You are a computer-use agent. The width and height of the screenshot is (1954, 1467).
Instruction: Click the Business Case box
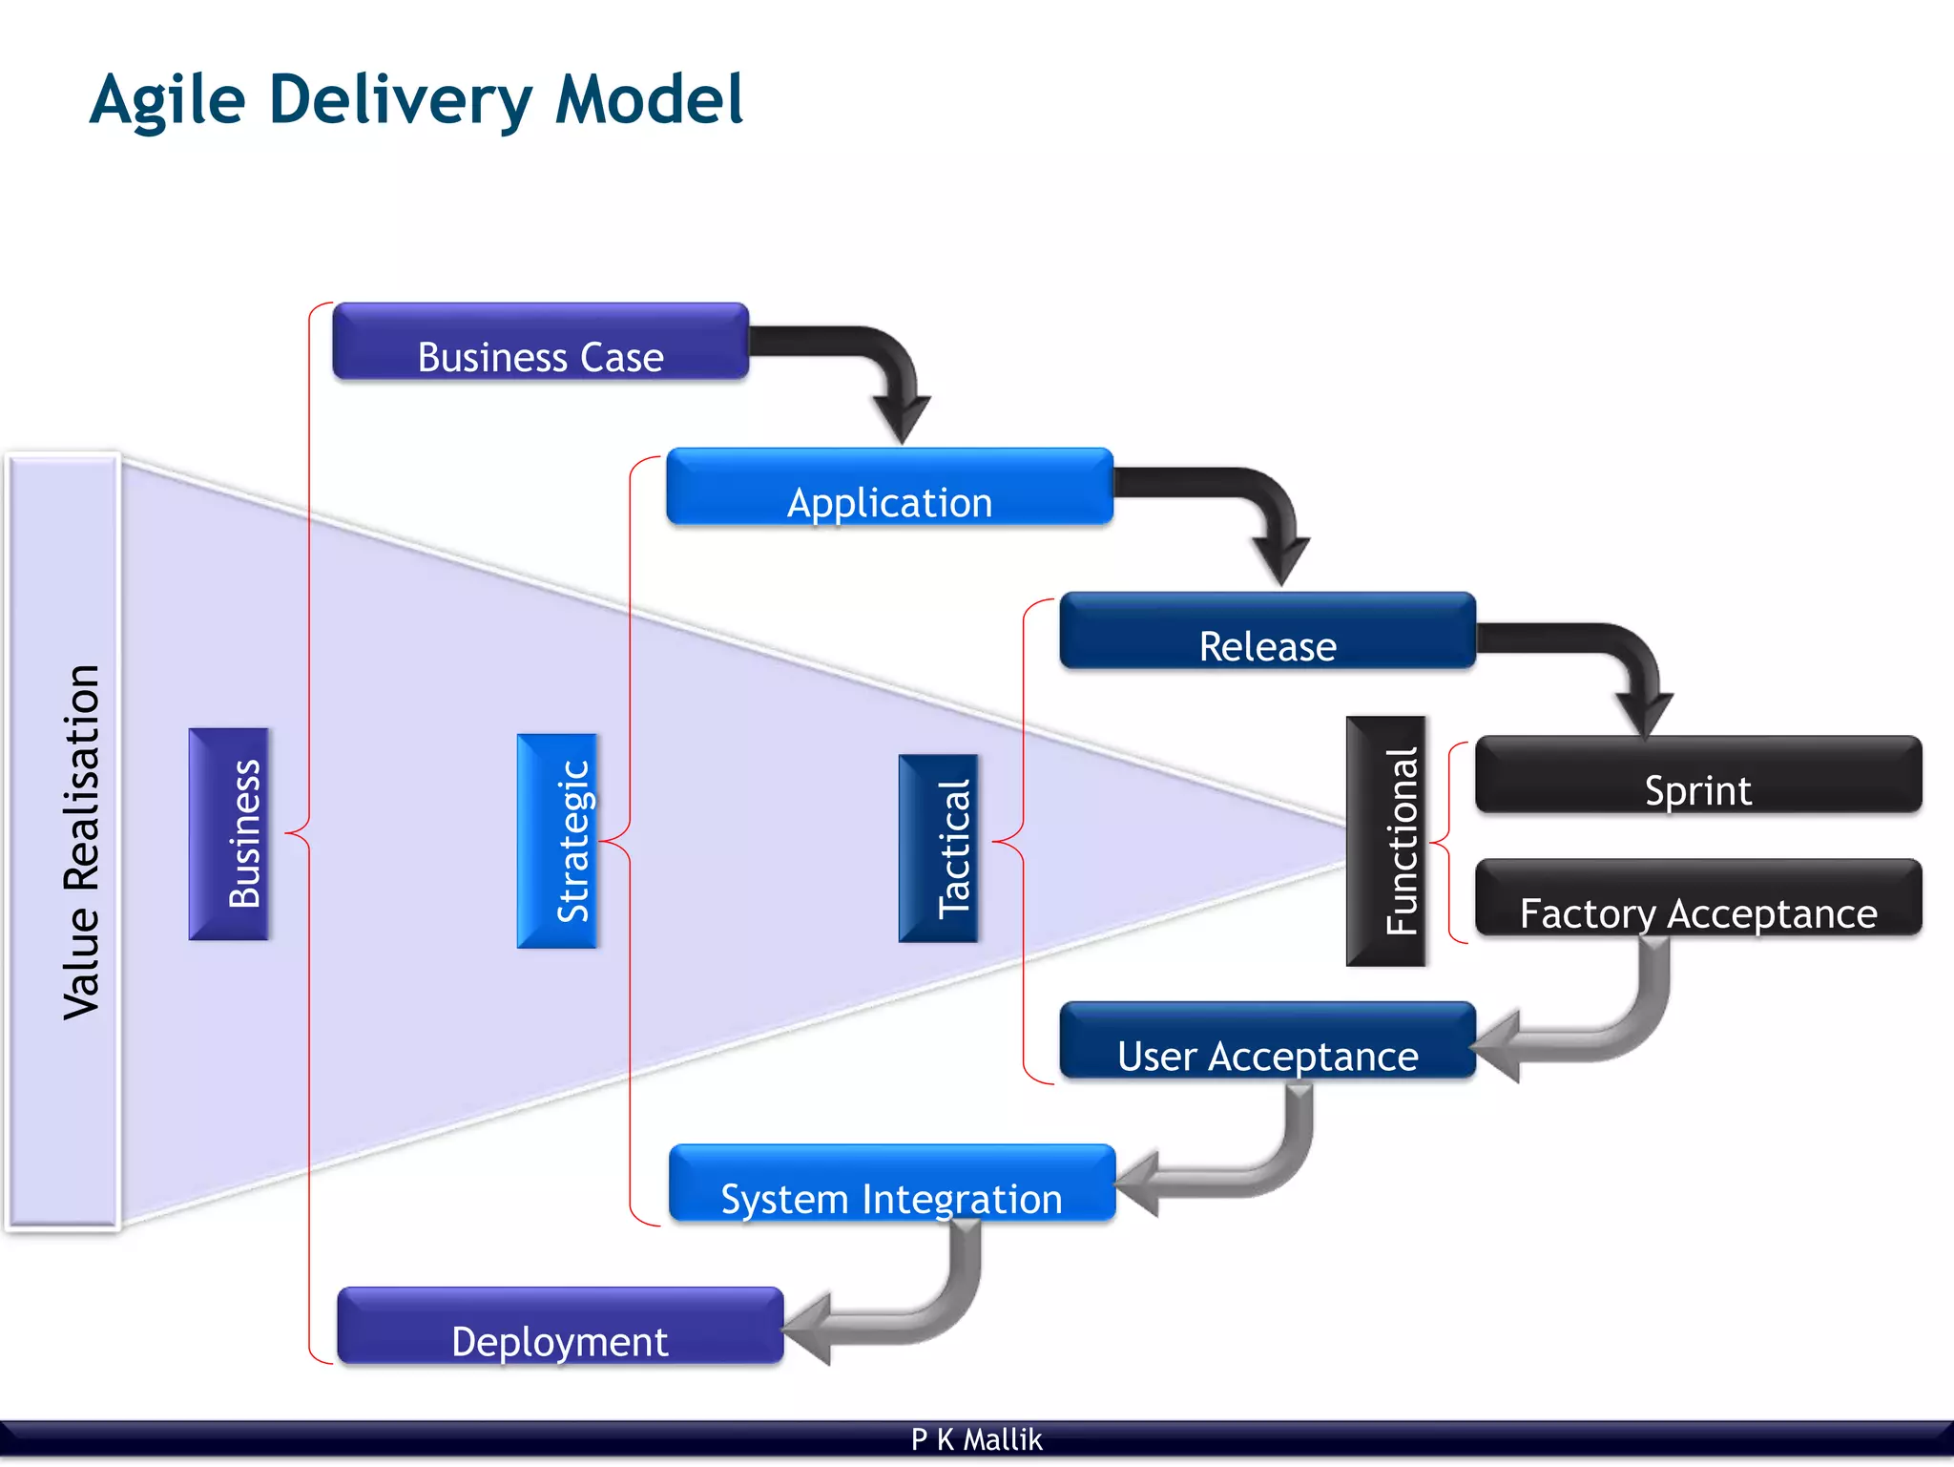point(540,342)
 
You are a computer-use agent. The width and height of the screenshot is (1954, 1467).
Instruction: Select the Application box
point(889,487)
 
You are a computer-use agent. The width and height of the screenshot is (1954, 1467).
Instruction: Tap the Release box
point(1267,631)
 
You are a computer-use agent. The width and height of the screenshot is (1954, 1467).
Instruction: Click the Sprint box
point(1697,774)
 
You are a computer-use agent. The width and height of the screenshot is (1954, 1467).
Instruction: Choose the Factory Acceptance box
point(1697,898)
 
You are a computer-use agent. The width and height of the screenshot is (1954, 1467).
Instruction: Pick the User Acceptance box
point(1267,1040)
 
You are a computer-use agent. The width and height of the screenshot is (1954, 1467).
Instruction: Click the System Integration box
point(891,1184)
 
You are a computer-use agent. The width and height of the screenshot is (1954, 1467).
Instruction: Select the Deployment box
point(560,1326)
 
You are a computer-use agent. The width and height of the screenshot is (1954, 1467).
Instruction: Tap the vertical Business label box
point(229,834)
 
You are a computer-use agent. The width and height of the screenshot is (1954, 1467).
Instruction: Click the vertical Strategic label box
point(557,841)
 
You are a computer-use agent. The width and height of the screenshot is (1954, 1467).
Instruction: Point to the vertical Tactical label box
point(938,849)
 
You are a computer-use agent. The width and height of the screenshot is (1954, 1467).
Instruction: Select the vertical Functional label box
point(1385,841)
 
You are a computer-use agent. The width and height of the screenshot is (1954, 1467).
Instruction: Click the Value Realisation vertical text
point(81,842)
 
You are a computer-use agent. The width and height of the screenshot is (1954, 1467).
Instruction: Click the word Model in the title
point(649,99)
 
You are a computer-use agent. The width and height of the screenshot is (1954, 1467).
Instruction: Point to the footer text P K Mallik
point(976,1439)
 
